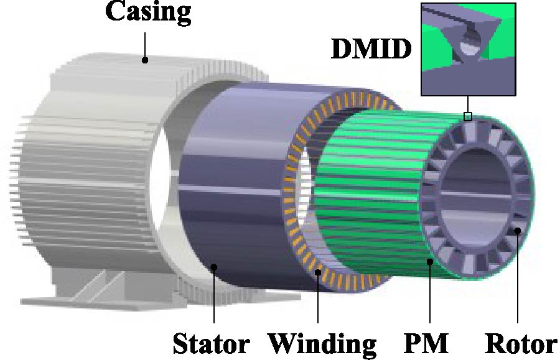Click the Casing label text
[148, 12]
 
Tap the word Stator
[211, 344]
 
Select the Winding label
[322, 344]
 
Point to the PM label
[426, 343]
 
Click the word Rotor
[521, 344]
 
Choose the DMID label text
[371, 48]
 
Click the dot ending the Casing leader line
[144, 60]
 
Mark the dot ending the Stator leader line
[214, 267]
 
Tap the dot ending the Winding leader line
[318, 272]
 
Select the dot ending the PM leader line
[430, 262]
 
